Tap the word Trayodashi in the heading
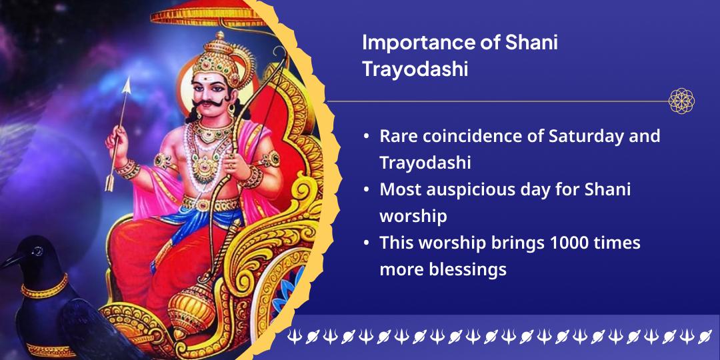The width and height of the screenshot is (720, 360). pyautogui.click(x=415, y=70)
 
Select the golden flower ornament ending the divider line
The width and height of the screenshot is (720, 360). pyautogui.click(x=681, y=101)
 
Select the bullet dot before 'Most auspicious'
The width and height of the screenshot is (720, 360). pyautogui.click(x=366, y=190)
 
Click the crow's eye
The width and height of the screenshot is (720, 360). pyautogui.click(x=37, y=251)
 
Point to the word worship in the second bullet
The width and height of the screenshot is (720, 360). pyautogui.click(x=413, y=217)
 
